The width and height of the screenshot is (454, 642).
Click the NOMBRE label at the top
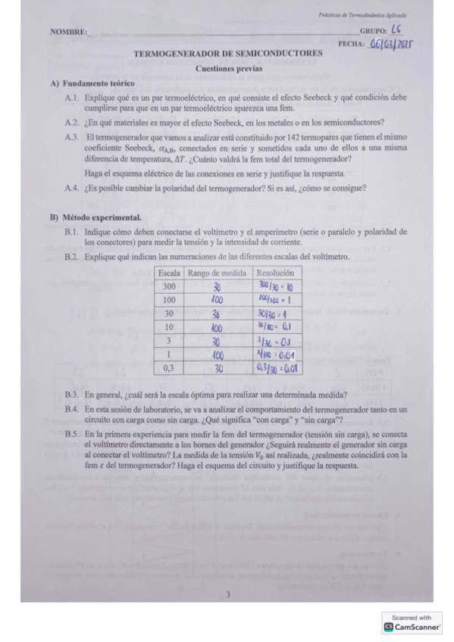pos(67,32)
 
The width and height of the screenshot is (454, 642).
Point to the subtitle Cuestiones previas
pos(228,68)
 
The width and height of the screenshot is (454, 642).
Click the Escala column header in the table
pos(168,273)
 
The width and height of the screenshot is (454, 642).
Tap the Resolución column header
pos(274,273)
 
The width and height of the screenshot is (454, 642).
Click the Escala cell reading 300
pos(168,286)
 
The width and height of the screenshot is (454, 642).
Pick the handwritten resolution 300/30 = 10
pos(276,287)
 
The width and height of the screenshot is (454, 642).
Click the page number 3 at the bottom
pos(227,594)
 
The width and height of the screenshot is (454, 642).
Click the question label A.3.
pos(73,136)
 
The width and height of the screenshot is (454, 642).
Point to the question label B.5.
pos(73,435)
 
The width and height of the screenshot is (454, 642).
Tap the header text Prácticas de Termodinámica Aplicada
pos(362,14)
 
